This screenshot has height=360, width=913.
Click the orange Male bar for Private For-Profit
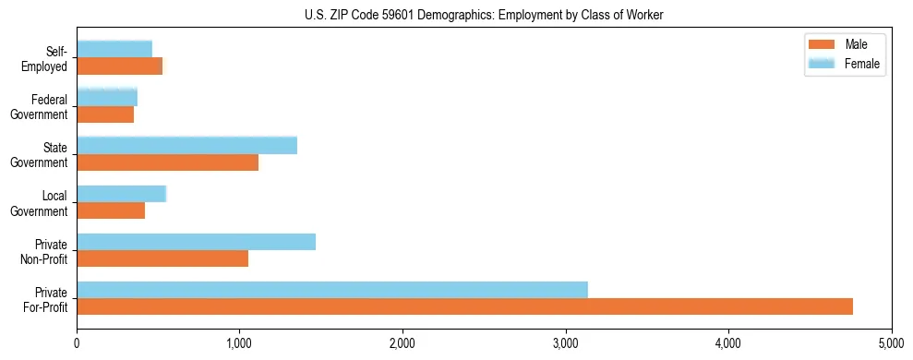tap(464, 306)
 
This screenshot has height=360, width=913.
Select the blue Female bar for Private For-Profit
tap(332, 290)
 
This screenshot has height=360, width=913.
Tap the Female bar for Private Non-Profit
tap(196, 242)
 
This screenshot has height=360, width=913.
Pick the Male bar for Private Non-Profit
tap(162, 258)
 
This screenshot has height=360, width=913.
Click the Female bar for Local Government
tap(121, 194)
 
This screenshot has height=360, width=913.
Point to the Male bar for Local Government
tap(111, 210)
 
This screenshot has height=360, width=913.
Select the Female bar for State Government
tap(186, 145)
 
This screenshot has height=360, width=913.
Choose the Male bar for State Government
tap(167, 162)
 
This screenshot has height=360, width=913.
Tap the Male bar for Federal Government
tap(105, 114)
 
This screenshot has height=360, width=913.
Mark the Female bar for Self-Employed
tap(114, 49)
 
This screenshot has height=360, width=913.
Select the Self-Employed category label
tap(44, 58)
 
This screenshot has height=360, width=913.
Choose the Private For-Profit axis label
tap(44, 299)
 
